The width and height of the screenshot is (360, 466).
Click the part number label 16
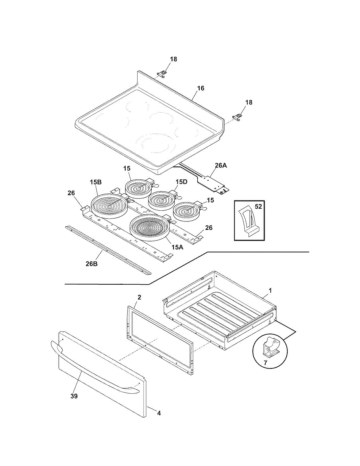click(x=200, y=88)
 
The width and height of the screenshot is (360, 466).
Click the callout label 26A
click(x=221, y=166)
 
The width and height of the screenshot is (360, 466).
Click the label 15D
click(x=181, y=182)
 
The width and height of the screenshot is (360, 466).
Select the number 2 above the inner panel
click(x=139, y=297)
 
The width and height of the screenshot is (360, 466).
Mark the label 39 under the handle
click(x=74, y=396)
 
